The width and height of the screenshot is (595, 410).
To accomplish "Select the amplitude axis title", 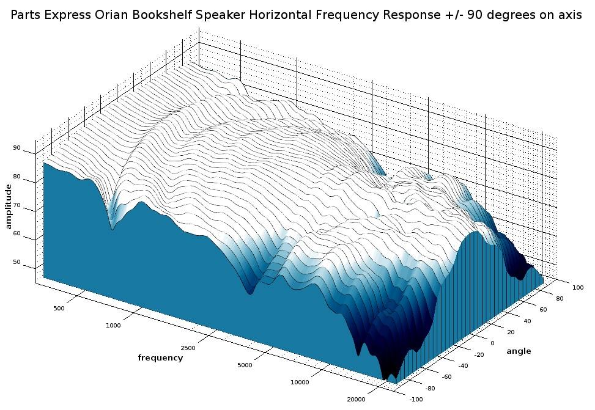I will (9, 206).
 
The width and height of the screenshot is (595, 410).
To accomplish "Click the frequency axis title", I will (160, 358).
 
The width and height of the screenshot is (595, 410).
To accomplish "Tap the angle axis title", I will (519, 351).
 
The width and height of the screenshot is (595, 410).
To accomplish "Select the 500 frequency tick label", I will (59, 309).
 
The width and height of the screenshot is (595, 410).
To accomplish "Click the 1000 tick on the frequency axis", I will (114, 326).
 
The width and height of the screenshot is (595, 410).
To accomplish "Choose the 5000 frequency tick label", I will (244, 365).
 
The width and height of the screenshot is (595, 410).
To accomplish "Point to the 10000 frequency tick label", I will (300, 383).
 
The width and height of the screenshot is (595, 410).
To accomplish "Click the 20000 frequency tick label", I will (356, 400).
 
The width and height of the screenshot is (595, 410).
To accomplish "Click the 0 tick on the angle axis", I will (492, 343).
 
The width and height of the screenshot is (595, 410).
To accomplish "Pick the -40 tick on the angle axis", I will (463, 365).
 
